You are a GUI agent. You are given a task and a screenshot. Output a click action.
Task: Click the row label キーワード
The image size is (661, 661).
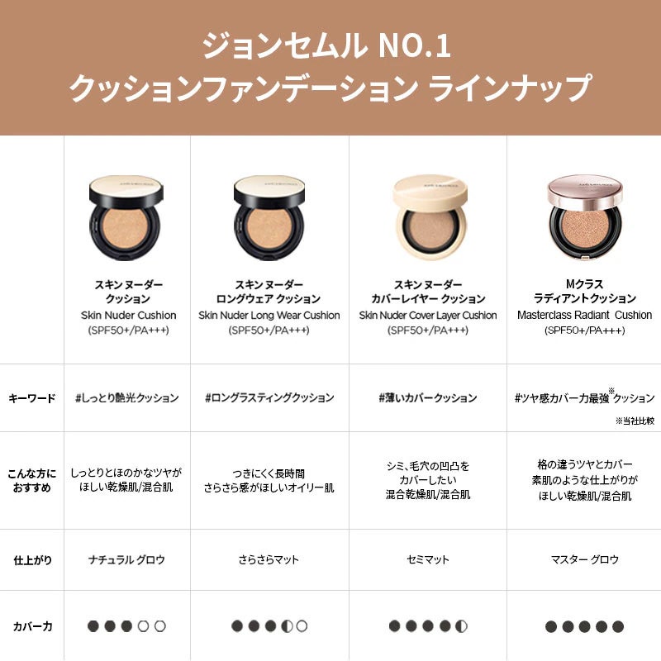tap(32, 398)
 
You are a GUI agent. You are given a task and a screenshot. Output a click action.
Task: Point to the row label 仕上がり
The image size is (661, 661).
tap(33, 560)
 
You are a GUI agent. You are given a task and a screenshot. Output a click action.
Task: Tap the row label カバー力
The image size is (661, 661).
tap(32, 626)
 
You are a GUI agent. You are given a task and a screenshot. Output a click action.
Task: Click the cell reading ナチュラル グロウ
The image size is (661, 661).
tap(127, 560)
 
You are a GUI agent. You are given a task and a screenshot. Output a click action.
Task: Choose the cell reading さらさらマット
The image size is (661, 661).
tap(269, 560)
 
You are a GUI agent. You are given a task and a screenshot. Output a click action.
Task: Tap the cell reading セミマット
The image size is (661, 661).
tap(428, 560)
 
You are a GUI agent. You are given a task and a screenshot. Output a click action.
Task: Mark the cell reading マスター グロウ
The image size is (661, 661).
tap(584, 560)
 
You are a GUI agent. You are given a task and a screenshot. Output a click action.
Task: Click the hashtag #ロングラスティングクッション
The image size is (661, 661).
tap(269, 398)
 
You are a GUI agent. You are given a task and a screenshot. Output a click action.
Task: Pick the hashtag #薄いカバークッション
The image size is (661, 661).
tap(427, 398)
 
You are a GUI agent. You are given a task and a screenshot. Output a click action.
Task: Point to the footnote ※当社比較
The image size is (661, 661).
tap(634, 421)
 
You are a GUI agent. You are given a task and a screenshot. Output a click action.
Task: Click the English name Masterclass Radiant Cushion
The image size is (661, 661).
tap(584, 315)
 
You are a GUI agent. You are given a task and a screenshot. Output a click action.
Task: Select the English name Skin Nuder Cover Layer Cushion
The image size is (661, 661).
tap(428, 315)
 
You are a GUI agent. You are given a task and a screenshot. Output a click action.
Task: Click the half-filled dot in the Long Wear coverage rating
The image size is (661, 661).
tap(286, 626)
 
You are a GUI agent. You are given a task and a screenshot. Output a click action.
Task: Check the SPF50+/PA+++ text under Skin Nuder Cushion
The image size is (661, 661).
tap(128, 330)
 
